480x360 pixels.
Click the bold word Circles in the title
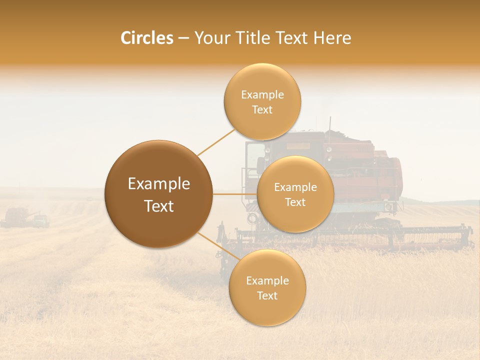pyautogui.click(x=146, y=38)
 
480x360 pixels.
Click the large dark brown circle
pyautogui.click(x=158, y=193)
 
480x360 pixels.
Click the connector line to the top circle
pyautogui.click(x=216, y=142)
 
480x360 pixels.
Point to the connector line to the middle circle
pyautogui.click(x=235, y=194)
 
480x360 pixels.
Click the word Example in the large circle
pyautogui.click(x=158, y=184)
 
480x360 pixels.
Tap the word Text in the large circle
pyautogui.click(x=158, y=206)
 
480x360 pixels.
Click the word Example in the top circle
pyautogui.click(x=262, y=95)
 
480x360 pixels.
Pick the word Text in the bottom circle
pyautogui.click(x=267, y=296)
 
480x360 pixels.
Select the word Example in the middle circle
pyautogui.click(x=295, y=187)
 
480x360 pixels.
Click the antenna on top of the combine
pyautogui.click(x=330, y=123)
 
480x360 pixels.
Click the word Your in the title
pyautogui.click(x=210, y=38)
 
